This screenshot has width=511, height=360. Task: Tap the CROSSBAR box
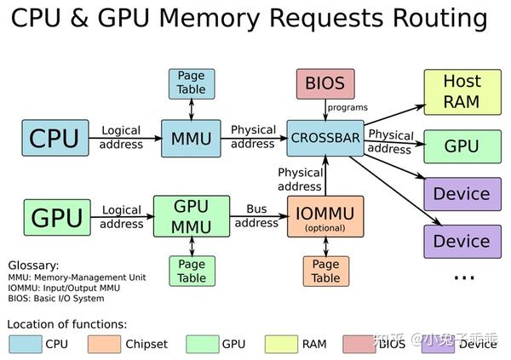[324, 136]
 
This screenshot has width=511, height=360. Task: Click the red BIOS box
[324, 83]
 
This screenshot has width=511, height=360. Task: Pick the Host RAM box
[462, 92]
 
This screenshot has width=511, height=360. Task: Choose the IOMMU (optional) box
[324, 216]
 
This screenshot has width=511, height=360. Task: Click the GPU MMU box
[191, 216]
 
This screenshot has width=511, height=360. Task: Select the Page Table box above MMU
[192, 82]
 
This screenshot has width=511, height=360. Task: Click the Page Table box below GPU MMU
[192, 270]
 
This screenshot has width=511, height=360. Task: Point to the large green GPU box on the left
[56, 216]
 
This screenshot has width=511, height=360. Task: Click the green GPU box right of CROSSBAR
[462, 146]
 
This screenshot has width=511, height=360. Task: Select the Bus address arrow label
[256, 215]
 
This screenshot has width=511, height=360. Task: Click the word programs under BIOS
[347, 108]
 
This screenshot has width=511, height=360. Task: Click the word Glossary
[34, 265]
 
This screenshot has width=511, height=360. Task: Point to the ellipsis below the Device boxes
[463, 277]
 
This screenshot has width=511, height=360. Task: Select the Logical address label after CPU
[121, 137]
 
